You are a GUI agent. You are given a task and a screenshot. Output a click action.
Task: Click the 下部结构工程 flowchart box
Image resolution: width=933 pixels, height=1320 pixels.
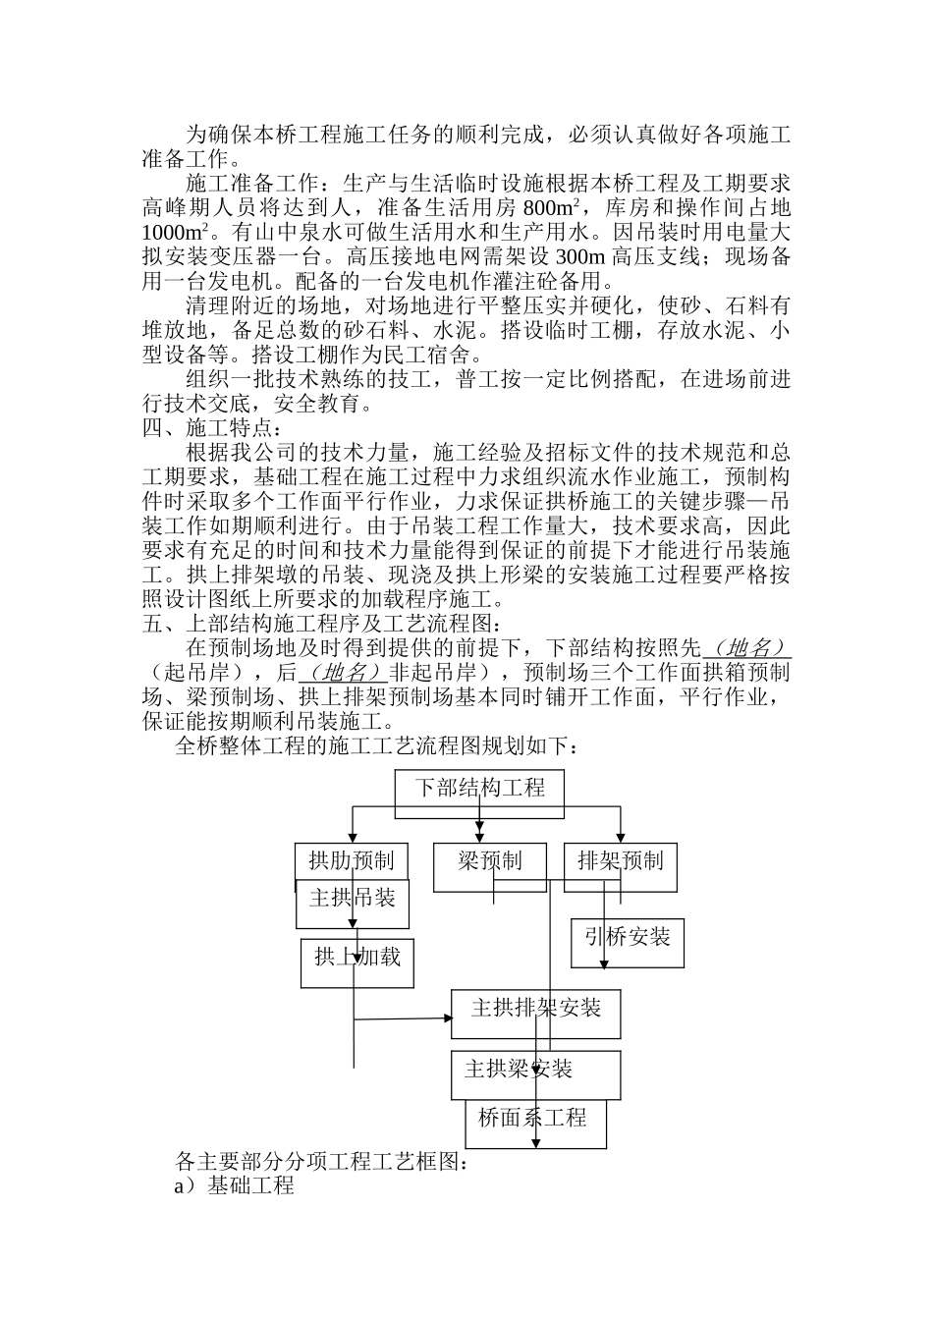(x=479, y=789)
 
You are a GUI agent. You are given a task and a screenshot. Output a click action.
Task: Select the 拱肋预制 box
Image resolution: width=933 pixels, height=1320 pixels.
(x=351, y=861)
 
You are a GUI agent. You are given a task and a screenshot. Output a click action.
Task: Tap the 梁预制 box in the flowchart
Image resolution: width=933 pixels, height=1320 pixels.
(x=490, y=861)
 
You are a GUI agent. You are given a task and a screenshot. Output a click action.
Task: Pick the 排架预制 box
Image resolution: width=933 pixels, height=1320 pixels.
(x=620, y=861)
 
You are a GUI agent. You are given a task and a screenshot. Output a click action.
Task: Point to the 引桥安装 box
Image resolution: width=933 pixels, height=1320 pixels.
(x=628, y=938)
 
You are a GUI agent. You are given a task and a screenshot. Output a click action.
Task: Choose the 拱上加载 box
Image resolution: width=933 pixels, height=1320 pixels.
(x=357, y=958)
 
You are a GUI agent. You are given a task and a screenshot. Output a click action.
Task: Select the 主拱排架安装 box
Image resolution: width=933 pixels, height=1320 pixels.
(x=535, y=1010)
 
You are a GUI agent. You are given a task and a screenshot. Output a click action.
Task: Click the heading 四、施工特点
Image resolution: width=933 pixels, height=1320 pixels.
(x=212, y=428)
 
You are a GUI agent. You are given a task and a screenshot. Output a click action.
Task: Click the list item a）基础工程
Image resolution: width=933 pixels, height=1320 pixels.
(x=234, y=1185)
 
